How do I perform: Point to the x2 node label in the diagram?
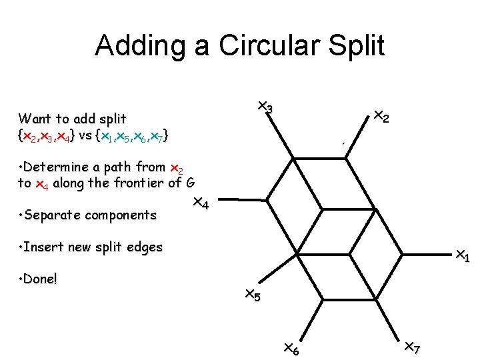click(381, 116)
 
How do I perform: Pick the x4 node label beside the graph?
click(201, 203)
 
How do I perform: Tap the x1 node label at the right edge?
click(462, 255)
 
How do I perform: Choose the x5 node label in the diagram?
click(252, 294)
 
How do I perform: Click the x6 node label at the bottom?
click(291, 348)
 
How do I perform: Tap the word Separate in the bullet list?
click(53, 215)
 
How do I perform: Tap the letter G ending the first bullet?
click(190, 183)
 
